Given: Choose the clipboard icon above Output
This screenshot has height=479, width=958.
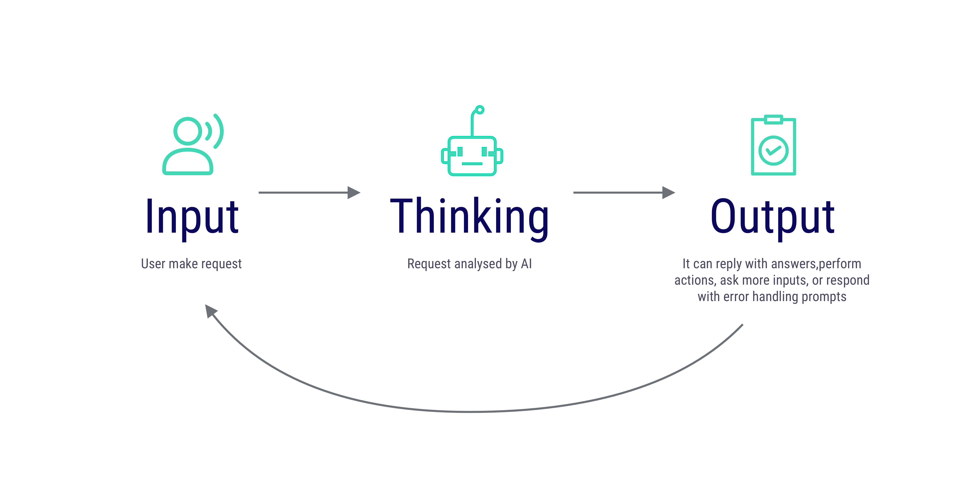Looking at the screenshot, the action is coord(773,145).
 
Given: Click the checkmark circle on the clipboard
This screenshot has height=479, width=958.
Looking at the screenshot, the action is coord(773,151).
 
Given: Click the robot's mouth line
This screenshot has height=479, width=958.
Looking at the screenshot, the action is coord(472,164).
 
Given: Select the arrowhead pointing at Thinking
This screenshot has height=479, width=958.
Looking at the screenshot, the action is coord(354,193).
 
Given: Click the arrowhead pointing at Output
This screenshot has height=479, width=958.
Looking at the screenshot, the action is coord(669,193).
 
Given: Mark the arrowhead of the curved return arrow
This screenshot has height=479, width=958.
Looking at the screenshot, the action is coord(211,310).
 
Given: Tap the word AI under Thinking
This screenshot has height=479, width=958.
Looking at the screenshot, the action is coord(526,264).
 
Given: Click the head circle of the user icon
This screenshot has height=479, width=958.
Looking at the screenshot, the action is coord(188,131).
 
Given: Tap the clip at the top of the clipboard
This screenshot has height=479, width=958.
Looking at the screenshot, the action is coord(773,119).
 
